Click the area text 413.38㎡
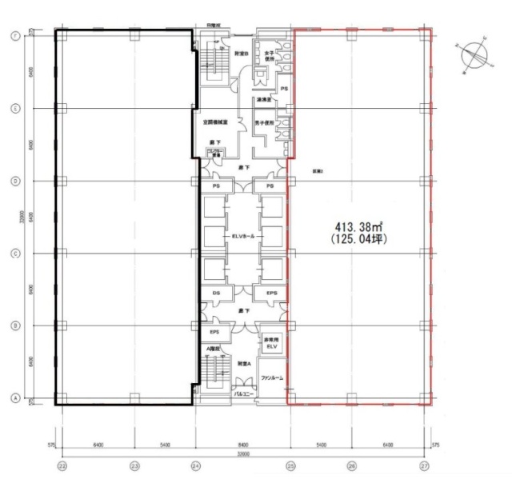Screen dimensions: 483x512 [x=357, y=226]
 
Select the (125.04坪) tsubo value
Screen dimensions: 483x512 [x=357, y=238]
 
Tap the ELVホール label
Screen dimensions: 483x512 [x=242, y=236]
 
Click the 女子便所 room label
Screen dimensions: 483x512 [x=271, y=56]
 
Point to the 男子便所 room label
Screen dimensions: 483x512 [x=265, y=123]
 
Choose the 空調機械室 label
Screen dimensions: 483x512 [x=216, y=123]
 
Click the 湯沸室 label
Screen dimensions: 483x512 [x=265, y=100]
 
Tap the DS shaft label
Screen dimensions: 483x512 [x=216, y=294]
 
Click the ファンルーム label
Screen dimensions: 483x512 [x=272, y=377]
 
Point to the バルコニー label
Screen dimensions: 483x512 [x=243, y=394]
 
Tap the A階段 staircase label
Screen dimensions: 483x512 [x=214, y=349]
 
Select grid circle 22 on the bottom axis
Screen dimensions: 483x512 [x=61, y=465]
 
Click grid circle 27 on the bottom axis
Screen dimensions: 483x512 [x=426, y=465]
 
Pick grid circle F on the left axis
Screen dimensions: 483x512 [x=14, y=36]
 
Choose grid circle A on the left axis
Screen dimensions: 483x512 [x=14, y=398]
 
